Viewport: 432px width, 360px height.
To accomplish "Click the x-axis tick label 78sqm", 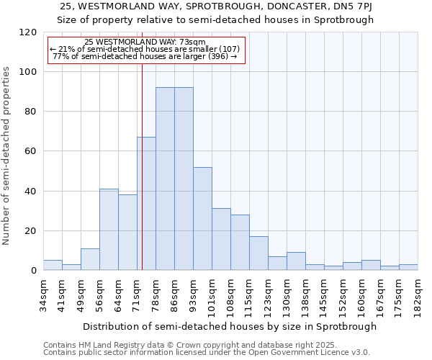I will [156, 293].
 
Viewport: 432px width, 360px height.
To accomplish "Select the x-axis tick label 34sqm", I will [43, 293].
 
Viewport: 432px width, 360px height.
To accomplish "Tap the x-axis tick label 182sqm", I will [418, 293].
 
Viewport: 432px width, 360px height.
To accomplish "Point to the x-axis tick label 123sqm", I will [268, 294].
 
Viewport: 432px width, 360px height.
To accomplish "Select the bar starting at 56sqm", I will [109, 230].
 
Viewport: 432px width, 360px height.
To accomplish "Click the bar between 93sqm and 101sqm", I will [202, 219].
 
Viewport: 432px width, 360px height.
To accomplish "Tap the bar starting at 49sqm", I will [90, 259].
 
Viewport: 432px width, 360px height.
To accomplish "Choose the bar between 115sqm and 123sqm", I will [258, 253].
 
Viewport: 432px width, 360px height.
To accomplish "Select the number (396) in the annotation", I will [216, 56].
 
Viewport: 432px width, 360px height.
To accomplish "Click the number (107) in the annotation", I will [217, 49].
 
